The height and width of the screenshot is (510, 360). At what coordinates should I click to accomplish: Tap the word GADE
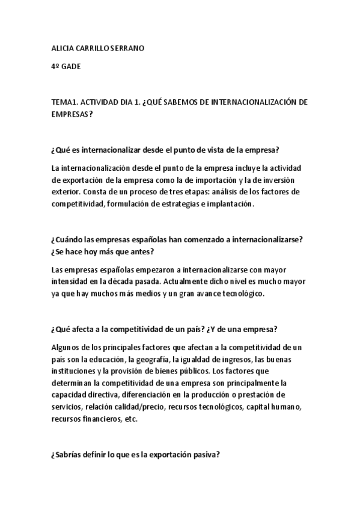[x=72, y=67]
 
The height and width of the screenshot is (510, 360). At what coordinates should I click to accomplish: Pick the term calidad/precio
[x=138, y=407]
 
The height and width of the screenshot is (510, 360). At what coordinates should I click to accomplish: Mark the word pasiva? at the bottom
[x=207, y=455]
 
